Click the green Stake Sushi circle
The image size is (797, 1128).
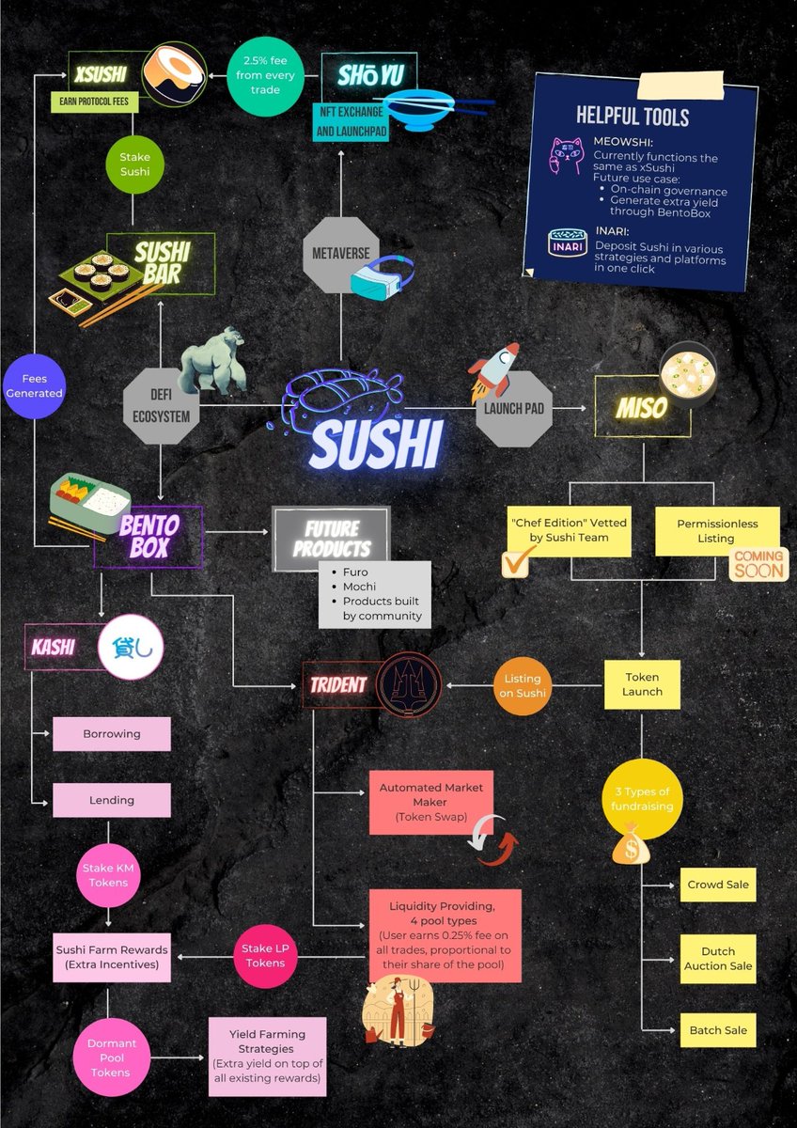coord(135,164)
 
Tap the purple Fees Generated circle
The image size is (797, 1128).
coord(34,386)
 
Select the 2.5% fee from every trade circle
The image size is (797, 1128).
coord(265,75)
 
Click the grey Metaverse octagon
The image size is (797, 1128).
coord(341,255)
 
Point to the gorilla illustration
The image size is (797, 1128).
coord(213,360)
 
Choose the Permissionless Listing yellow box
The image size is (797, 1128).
coord(717,531)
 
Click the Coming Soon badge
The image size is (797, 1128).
coord(758,564)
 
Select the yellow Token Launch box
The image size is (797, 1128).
coord(642,684)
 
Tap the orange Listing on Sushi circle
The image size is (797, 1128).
coord(523,686)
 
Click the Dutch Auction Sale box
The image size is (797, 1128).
coord(718,958)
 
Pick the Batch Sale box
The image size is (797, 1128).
coord(718,1030)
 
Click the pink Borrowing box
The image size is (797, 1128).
coord(112,734)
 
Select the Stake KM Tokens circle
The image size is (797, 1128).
coord(108,876)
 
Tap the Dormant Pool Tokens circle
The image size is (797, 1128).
coord(111,1057)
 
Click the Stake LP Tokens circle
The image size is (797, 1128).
coord(265,956)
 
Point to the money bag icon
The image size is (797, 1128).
coord(631,843)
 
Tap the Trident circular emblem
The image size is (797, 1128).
coord(408,685)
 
